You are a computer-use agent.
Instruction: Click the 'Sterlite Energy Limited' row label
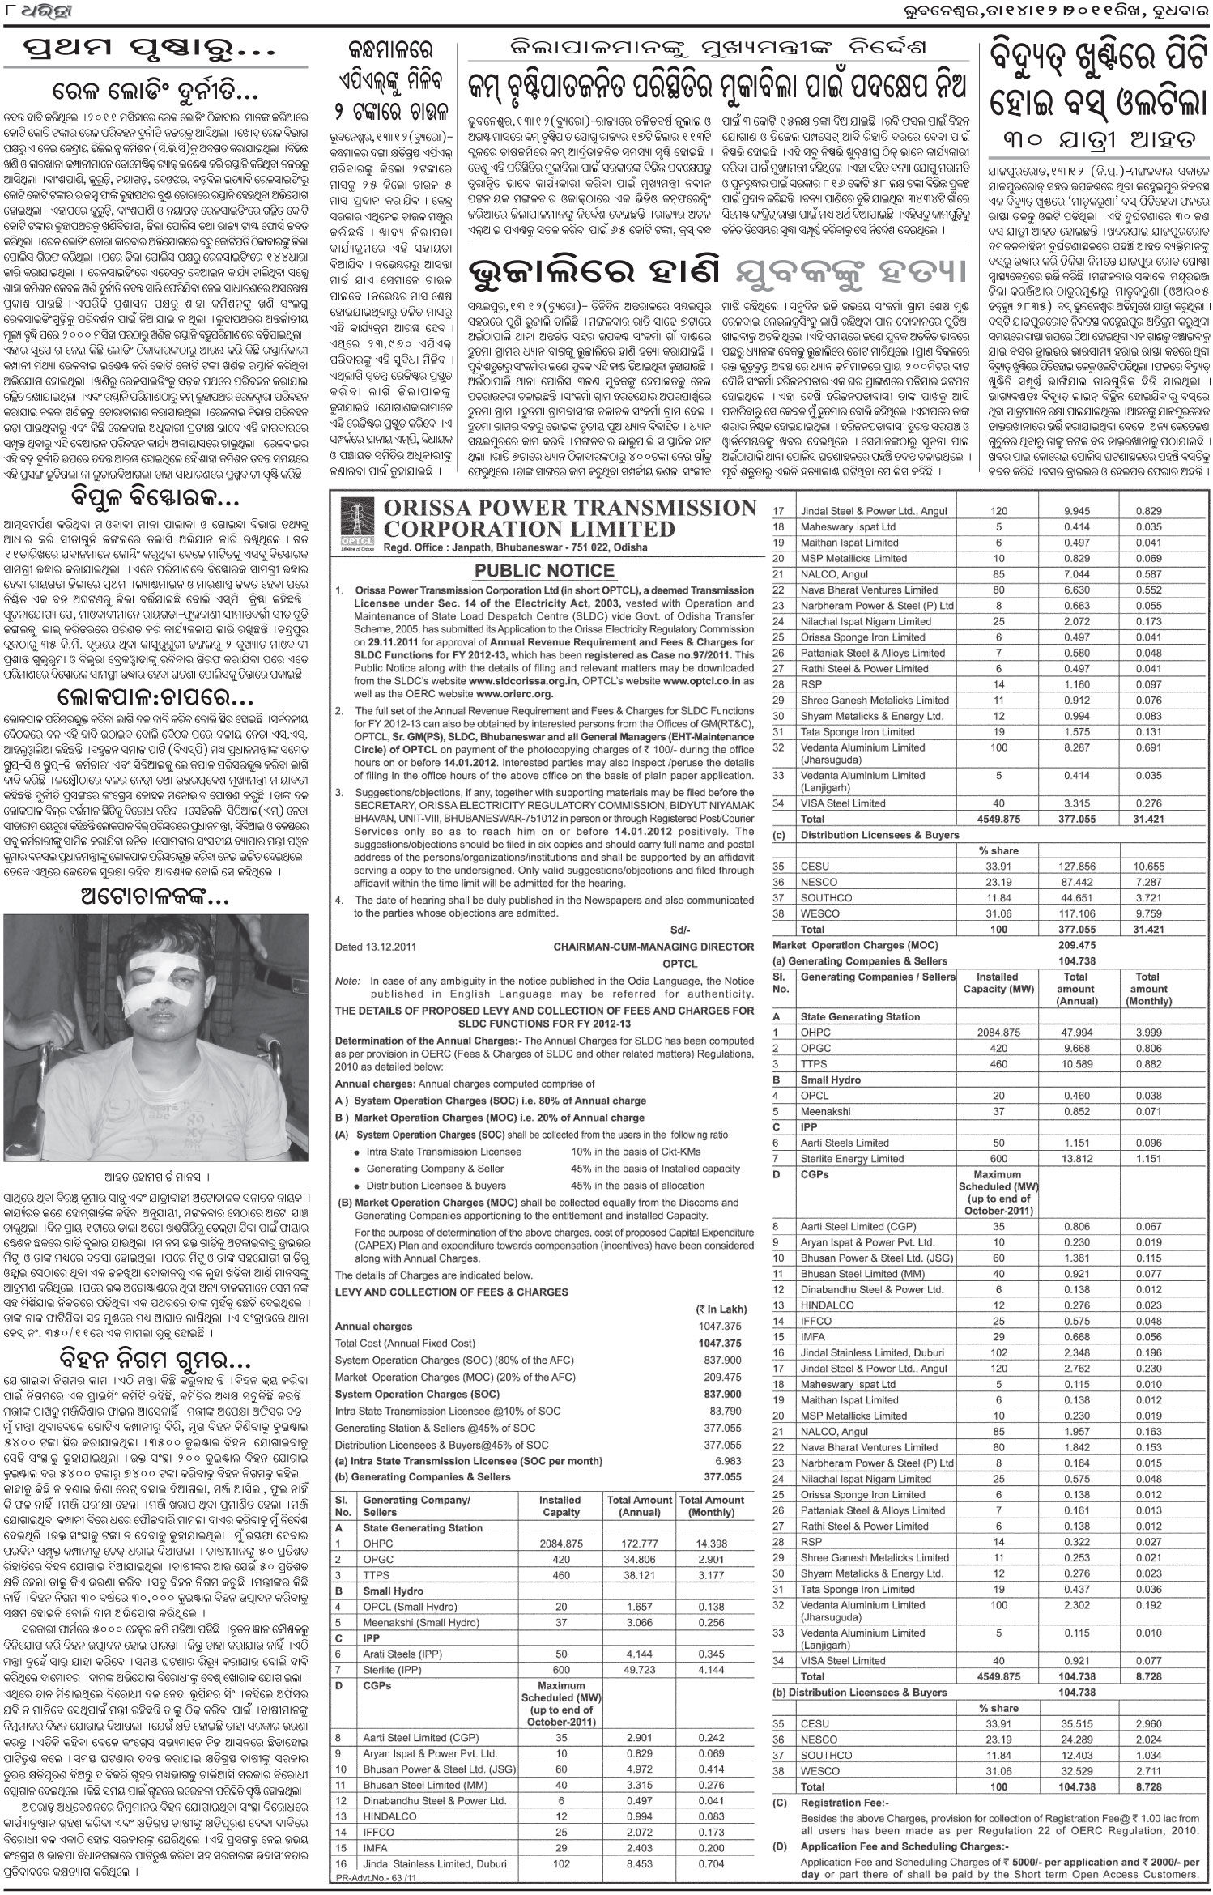coord(851,1158)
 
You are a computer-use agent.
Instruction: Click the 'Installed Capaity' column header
coord(560,1505)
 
